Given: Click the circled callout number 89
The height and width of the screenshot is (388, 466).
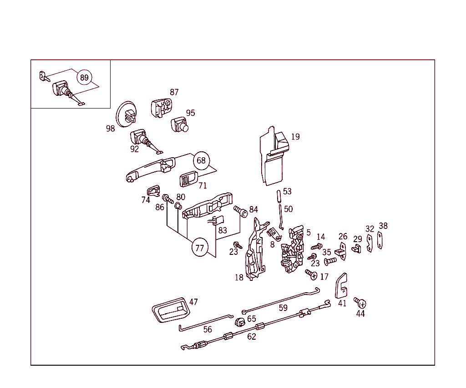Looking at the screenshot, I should (x=84, y=78).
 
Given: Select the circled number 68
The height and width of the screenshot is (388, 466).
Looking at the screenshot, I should (x=201, y=160).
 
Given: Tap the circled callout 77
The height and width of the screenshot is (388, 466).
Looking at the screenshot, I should (x=199, y=248).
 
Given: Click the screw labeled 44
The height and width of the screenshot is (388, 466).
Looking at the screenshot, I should (x=361, y=304).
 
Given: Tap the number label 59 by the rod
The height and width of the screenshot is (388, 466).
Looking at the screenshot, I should (x=283, y=308).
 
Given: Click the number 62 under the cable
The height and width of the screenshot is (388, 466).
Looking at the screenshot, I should (x=252, y=337).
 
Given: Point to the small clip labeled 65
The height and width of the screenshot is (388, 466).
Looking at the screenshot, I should (x=240, y=322).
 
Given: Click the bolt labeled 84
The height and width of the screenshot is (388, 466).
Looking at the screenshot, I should (x=240, y=211).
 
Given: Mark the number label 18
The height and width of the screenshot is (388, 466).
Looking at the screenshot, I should (x=239, y=278).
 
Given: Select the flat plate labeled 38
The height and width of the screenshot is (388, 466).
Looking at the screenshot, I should (x=380, y=240).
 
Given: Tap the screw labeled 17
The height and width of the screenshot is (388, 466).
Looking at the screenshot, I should (x=312, y=274).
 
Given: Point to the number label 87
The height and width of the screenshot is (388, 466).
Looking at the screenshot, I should (x=174, y=92).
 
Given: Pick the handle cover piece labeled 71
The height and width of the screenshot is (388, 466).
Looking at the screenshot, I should (x=187, y=178).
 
